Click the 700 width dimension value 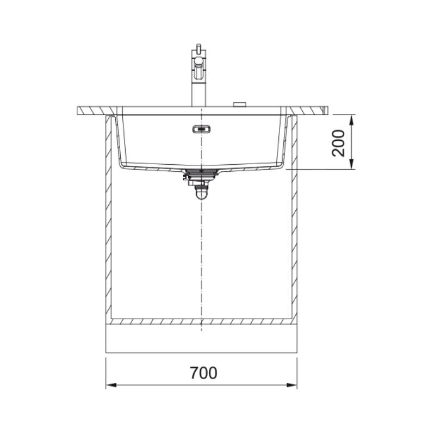coord(203,373)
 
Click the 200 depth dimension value coord(338,143)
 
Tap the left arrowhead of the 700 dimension coord(111,385)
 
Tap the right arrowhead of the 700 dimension coord(292,385)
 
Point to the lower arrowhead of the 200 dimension coord(351,164)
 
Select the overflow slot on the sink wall coord(202,129)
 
